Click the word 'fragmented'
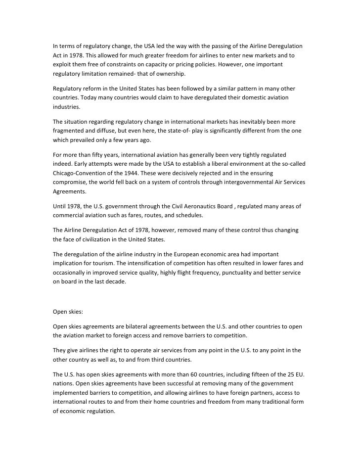pyautogui.click(x=70, y=131)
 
